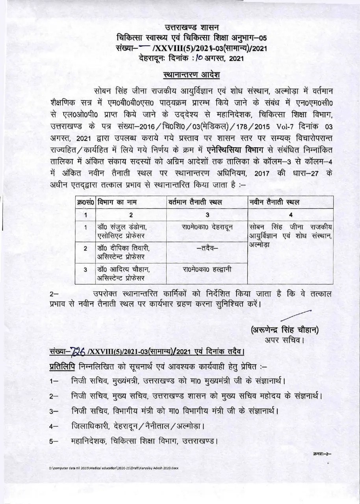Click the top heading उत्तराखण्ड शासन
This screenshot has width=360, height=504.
point(193,28)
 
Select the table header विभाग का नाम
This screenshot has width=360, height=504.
point(117,202)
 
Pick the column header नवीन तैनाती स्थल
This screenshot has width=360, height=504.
point(275,202)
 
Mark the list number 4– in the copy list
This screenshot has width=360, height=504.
point(54,426)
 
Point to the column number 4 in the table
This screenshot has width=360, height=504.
point(291,215)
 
